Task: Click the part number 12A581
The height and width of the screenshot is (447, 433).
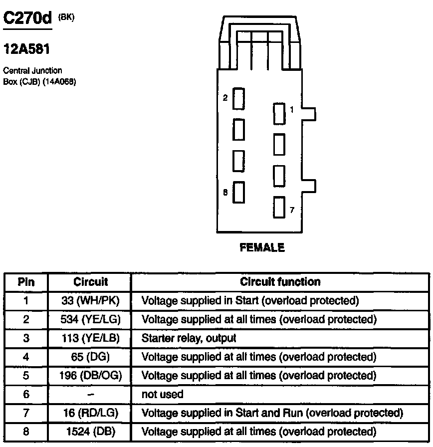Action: [27, 49]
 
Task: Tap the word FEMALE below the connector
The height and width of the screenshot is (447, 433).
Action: [262, 247]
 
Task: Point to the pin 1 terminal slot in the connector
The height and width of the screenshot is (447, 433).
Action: [279, 114]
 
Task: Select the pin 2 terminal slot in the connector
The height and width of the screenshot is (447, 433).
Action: [239, 98]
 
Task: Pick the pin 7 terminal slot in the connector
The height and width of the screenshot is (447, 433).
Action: [279, 207]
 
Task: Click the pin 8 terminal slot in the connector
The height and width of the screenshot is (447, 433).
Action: [239, 192]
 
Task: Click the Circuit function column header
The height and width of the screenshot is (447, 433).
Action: [280, 282]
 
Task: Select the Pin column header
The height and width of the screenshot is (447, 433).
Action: [26, 282]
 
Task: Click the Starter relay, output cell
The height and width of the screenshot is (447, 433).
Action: [189, 338]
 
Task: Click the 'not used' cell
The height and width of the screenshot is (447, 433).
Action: [163, 394]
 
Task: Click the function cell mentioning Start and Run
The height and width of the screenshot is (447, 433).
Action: [272, 413]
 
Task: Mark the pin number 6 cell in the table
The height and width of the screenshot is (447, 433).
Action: [26, 394]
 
